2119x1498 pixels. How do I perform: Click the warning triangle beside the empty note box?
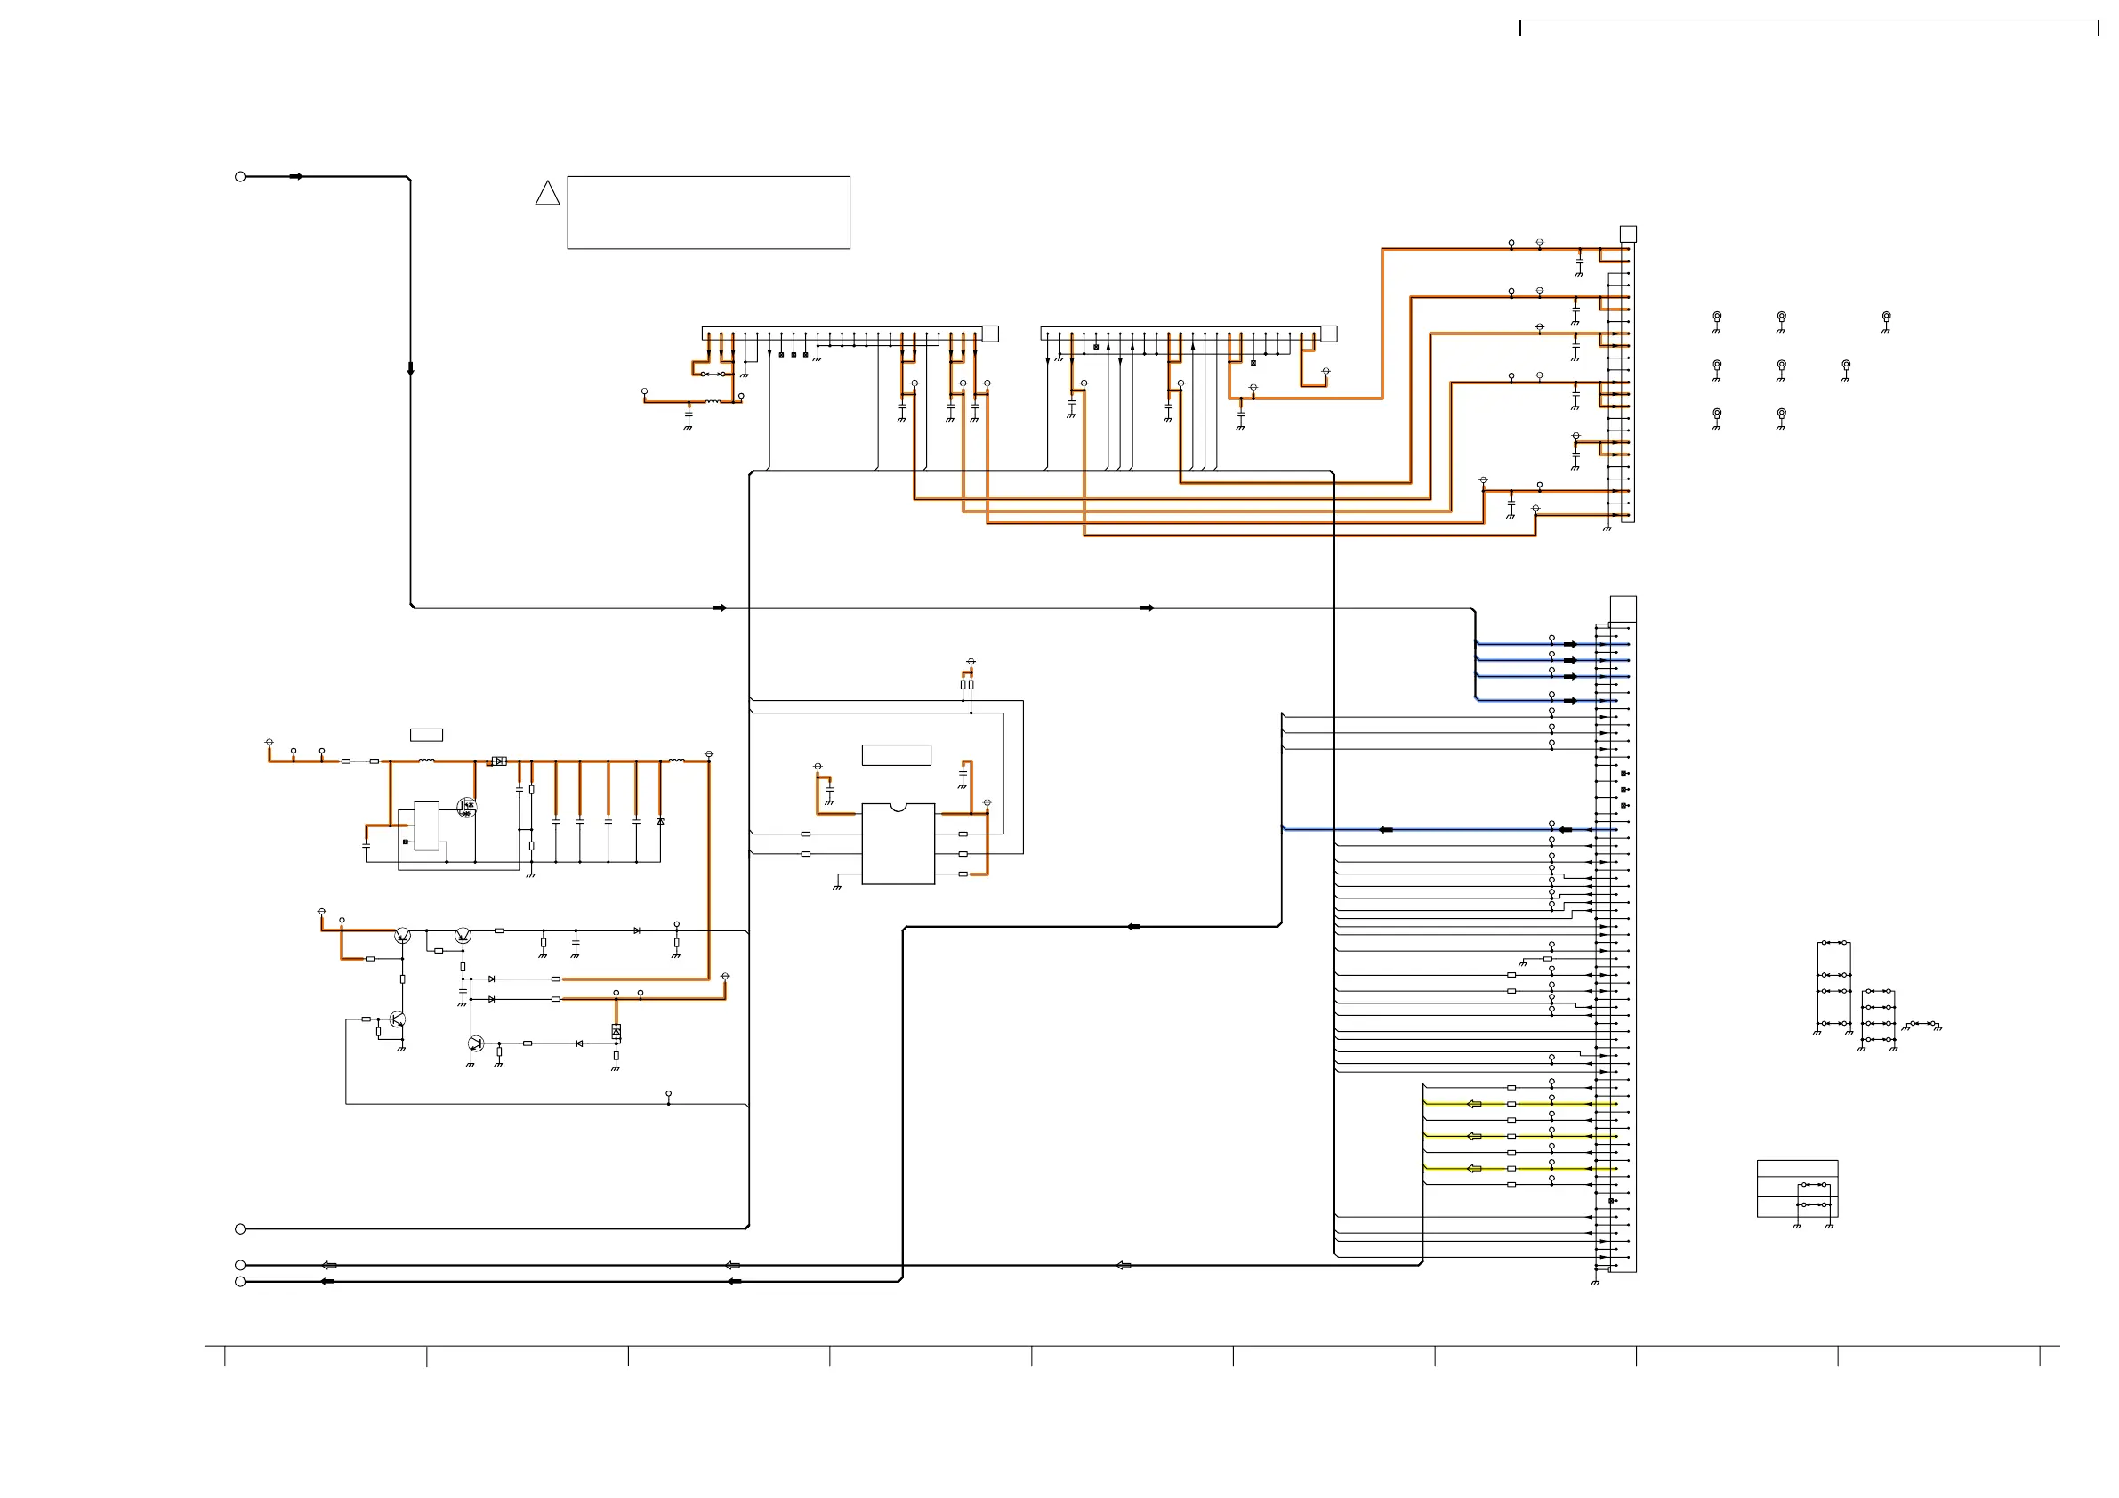(547, 194)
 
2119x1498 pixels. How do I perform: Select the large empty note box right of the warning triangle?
(708, 213)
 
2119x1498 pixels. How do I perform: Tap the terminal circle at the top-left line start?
(240, 176)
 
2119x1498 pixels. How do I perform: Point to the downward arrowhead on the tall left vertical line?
(411, 369)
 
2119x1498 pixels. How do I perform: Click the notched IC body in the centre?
(897, 843)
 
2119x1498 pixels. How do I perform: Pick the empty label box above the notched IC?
(895, 755)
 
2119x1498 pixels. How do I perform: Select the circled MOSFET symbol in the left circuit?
(466, 808)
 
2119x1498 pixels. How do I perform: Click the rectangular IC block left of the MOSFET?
(426, 826)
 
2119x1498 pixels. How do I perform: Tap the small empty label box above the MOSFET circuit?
(425, 735)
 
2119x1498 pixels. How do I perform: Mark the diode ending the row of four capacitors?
(660, 820)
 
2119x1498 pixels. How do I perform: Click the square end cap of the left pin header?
(989, 334)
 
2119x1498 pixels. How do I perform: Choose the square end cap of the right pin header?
(1328, 334)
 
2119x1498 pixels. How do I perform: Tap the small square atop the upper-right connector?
(1628, 235)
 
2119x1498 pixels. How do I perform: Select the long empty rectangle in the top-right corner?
(1808, 28)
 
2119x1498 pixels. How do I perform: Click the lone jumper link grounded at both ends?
(1923, 1024)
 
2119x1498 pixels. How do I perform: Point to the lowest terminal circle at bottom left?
(240, 1282)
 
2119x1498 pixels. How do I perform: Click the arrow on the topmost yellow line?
(1474, 1104)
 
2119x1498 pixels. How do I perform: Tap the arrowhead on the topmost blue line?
(1570, 644)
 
